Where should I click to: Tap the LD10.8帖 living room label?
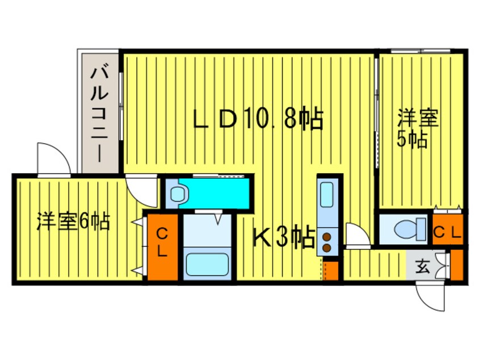(258, 119)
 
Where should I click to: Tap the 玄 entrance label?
(423, 266)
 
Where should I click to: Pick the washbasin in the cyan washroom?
(178, 194)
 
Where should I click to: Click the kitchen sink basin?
(329, 195)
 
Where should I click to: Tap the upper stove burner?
(327, 236)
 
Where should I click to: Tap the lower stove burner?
(327, 247)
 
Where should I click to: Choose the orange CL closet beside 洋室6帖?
(162, 246)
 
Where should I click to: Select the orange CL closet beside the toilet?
(448, 229)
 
